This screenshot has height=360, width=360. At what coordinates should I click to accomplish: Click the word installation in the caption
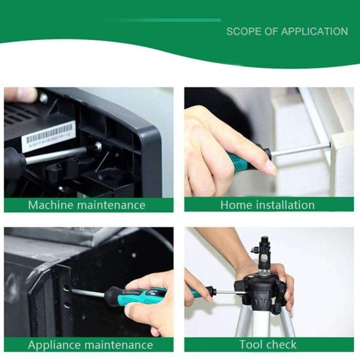(284, 205)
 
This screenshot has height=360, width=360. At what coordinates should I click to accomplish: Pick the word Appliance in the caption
(56, 345)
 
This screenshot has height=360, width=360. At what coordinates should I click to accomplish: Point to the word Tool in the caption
(252, 344)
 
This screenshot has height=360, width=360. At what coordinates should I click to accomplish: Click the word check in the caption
(281, 344)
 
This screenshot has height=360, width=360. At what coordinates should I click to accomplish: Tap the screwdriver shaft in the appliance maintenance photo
(88, 293)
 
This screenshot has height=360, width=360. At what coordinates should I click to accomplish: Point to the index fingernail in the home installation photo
(271, 168)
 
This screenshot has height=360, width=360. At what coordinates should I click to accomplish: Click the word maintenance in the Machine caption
(113, 205)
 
